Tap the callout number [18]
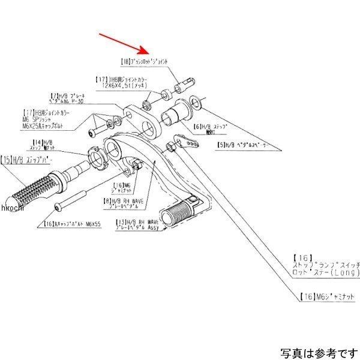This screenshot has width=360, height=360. tap(125, 61)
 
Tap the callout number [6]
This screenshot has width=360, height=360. tap(198, 126)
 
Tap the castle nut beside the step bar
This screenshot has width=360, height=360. tap(97, 156)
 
